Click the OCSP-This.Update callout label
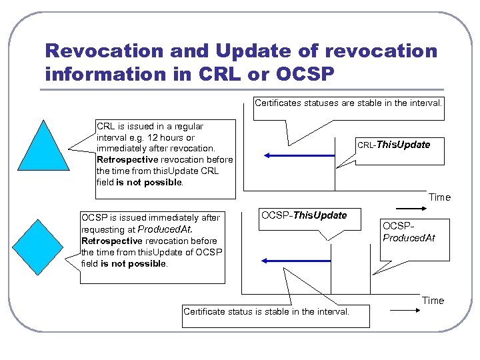point(304,215)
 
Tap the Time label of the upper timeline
point(439,197)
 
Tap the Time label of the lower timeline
point(433,301)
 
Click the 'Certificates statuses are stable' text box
point(348,103)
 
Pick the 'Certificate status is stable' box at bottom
point(266,311)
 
